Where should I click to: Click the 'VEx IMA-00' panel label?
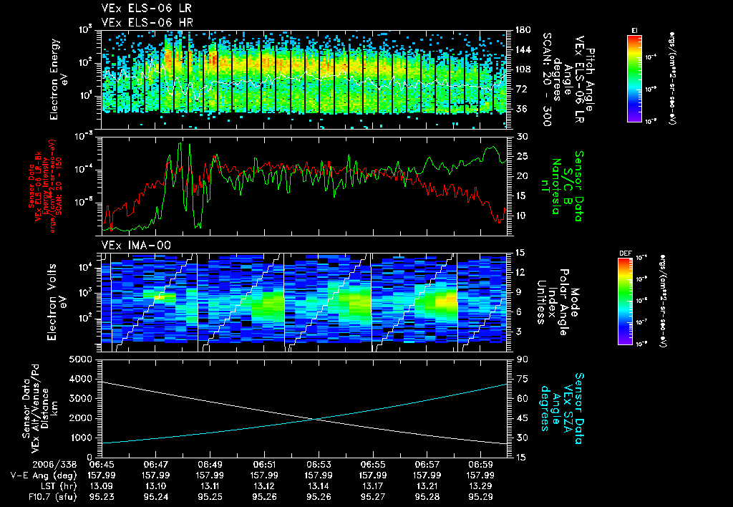pyautogui.click(x=130, y=245)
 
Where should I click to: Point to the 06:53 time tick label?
pyautogui.click(x=319, y=463)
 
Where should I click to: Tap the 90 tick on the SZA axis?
pyautogui.click(x=520, y=359)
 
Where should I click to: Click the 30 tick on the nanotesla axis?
pyautogui.click(x=520, y=136)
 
